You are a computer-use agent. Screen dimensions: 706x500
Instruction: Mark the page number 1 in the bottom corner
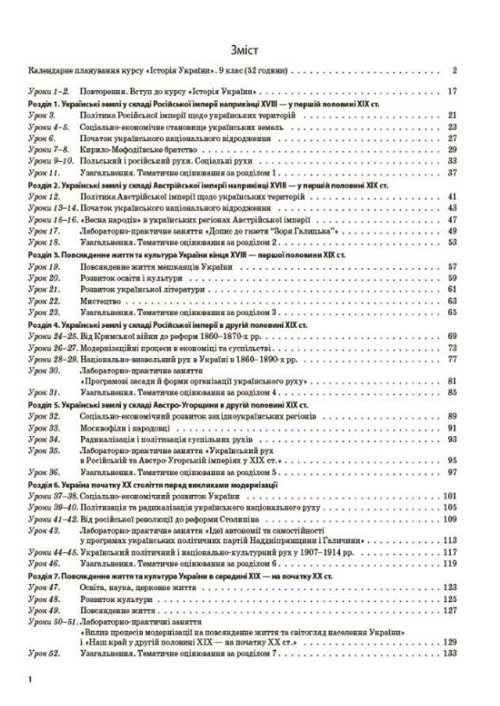[30, 684]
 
